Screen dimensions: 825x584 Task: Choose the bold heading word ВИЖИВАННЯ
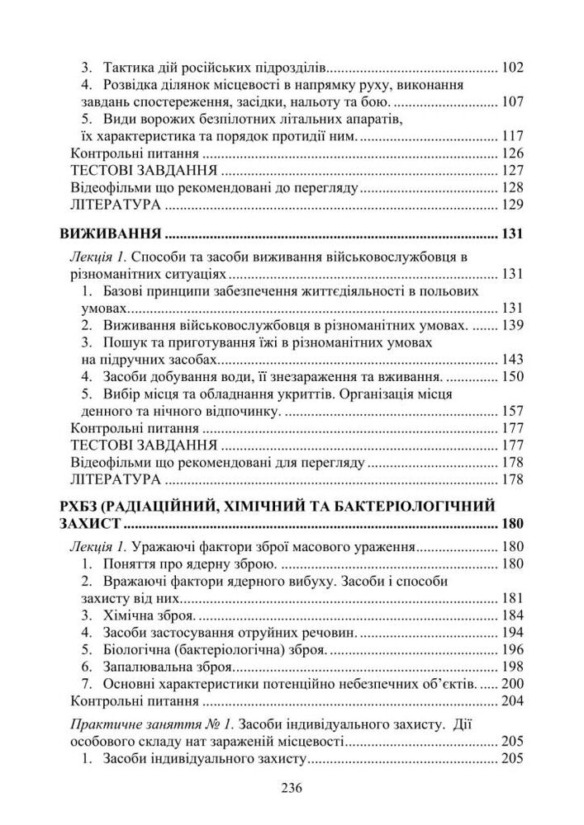[x=107, y=234]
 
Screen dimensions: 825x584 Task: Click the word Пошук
[x=124, y=342]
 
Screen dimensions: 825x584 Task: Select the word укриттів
[x=314, y=394]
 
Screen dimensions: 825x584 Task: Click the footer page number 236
[x=292, y=788]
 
